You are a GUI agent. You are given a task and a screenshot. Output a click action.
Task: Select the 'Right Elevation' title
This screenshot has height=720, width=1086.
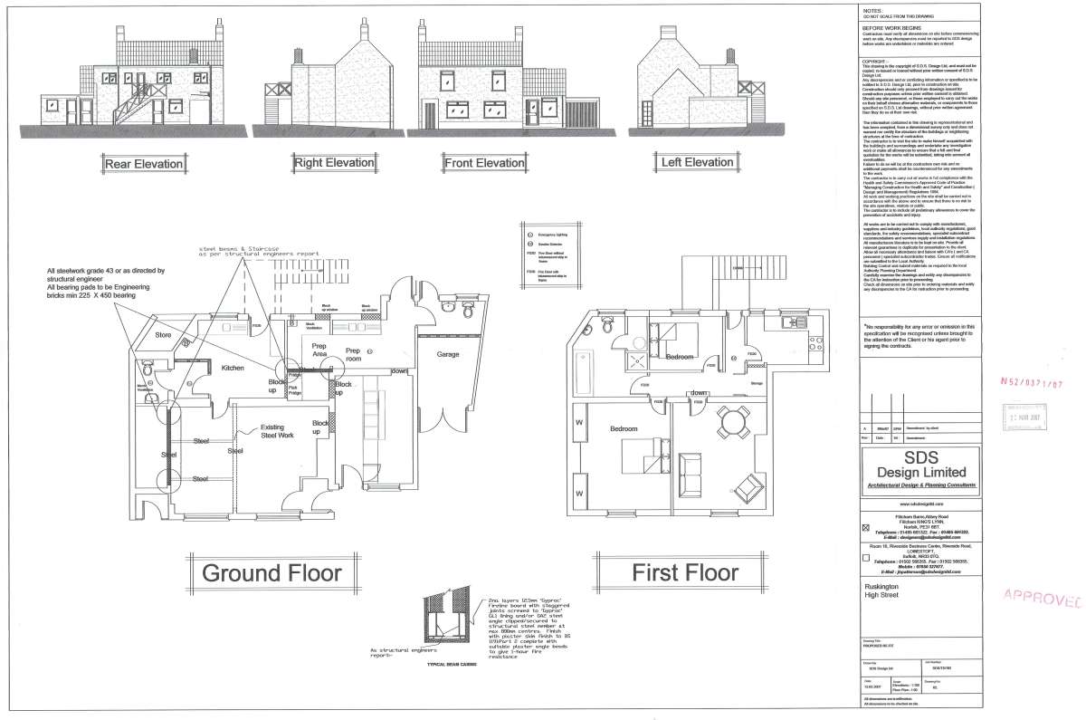point(333,162)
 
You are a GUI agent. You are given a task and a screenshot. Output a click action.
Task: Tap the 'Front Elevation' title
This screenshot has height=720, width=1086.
point(483,163)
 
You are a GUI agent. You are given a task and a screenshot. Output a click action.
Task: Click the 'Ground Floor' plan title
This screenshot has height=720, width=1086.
point(271,572)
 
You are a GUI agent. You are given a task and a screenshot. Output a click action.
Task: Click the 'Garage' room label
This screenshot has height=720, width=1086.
point(450,354)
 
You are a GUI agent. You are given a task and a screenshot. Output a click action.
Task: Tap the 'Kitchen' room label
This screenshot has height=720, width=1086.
point(233,368)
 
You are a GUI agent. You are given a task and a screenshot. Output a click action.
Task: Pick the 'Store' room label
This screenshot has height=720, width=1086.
point(163,335)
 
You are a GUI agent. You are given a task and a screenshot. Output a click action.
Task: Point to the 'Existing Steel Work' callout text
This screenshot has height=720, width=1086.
point(278,431)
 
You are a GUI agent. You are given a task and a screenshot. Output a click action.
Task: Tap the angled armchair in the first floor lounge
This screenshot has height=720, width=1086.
point(749,482)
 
